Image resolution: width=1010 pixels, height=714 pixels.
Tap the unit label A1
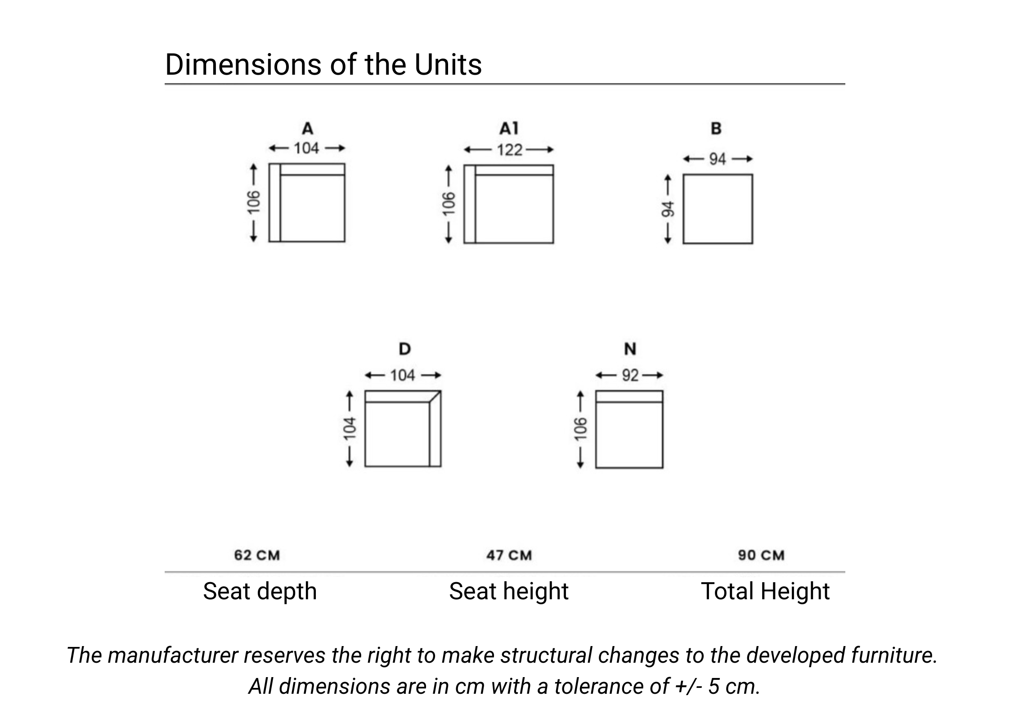(509, 129)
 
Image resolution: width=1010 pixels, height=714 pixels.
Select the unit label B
(716, 129)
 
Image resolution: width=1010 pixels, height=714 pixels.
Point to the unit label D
(404, 349)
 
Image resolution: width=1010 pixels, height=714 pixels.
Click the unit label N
(630, 349)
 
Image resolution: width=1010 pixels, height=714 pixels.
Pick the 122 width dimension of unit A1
(509, 150)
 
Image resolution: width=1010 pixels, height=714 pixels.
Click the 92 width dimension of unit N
(630, 375)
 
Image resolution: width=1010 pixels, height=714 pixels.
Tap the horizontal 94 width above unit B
(718, 159)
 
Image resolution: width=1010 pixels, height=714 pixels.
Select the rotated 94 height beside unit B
(668, 209)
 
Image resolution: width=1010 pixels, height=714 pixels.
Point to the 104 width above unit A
(306, 148)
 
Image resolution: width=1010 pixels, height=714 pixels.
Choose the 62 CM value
(257, 555)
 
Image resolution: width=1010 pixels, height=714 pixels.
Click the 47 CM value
(509, 555)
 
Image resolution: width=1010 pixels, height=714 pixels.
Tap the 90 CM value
(761, 555)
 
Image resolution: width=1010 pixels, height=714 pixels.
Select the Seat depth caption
(260, 591)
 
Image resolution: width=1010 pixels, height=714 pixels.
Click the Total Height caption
(765, 591)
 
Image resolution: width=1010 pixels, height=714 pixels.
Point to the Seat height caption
(508, 591)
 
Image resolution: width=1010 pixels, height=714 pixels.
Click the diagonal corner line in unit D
(435, 396)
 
